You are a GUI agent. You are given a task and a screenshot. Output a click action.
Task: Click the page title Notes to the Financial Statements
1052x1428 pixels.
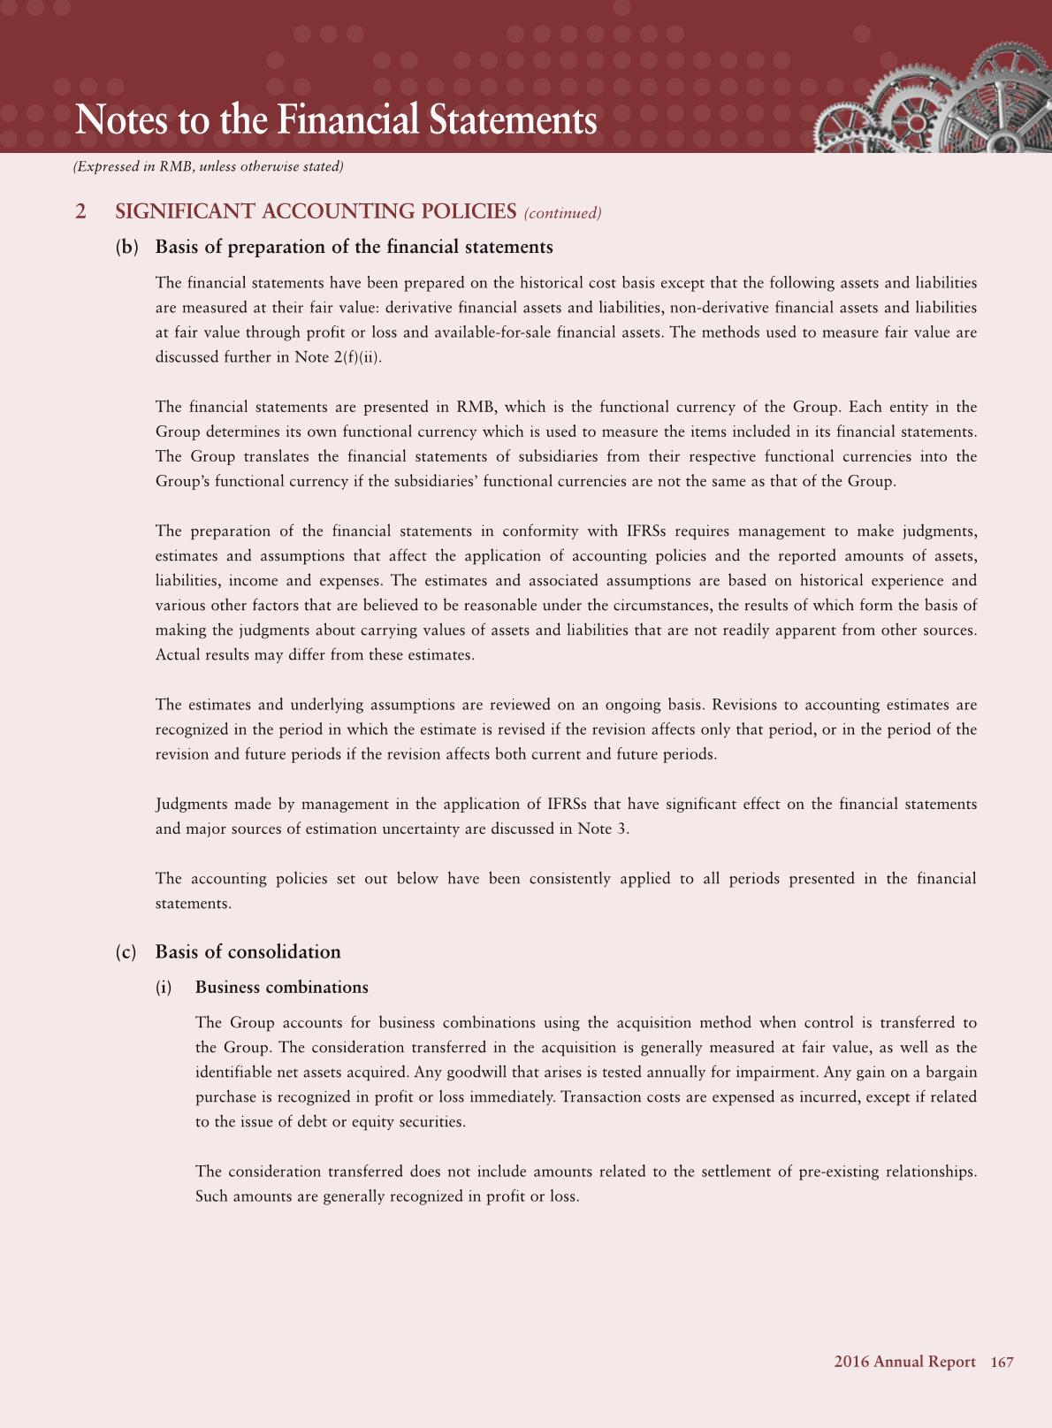(x=336, y=120)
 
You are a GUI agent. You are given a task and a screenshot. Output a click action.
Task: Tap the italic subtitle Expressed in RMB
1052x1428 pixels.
(x=209, y=166)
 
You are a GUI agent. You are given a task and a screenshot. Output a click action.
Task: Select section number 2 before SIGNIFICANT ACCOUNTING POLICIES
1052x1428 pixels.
(x=81, y=212)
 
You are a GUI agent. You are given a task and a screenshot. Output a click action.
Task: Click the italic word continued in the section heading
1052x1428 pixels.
(x=563, y=213)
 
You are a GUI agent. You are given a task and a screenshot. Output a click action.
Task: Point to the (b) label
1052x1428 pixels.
(x=127, y=248)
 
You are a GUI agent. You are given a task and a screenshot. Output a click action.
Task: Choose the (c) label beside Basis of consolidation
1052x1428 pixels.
(x=126, y=952)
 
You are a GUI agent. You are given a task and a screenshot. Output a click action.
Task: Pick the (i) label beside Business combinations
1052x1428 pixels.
(x=164, y=988)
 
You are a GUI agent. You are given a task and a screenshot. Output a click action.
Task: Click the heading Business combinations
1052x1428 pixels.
(x=282, y=988)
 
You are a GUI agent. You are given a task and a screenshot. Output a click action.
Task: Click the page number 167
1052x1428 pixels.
(x=1002, y=1363)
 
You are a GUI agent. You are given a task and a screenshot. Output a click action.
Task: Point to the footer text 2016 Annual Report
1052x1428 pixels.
(x=904, y=1363)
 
